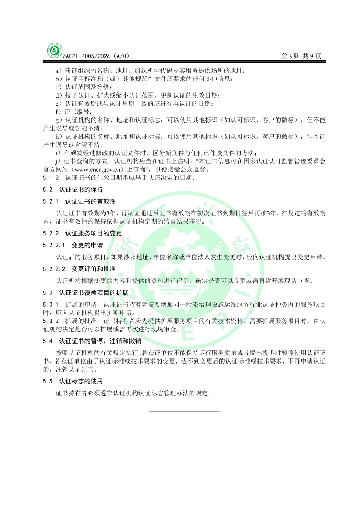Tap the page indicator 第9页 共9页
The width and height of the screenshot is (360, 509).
(301, 56)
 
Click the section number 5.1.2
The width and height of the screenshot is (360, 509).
(51, 178)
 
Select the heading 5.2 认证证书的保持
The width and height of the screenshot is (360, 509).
(73, 189)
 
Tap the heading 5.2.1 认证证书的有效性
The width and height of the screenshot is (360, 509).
(79, 201)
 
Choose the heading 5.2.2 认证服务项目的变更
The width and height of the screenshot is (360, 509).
(82, 233)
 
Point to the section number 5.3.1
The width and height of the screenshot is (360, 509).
(51, 305)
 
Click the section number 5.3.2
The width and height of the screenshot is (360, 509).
(51, 321)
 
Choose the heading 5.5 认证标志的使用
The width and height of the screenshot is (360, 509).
(73, 381)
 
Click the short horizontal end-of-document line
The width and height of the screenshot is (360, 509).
(184, 411)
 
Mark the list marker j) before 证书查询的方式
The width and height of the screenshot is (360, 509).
(59, 162)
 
